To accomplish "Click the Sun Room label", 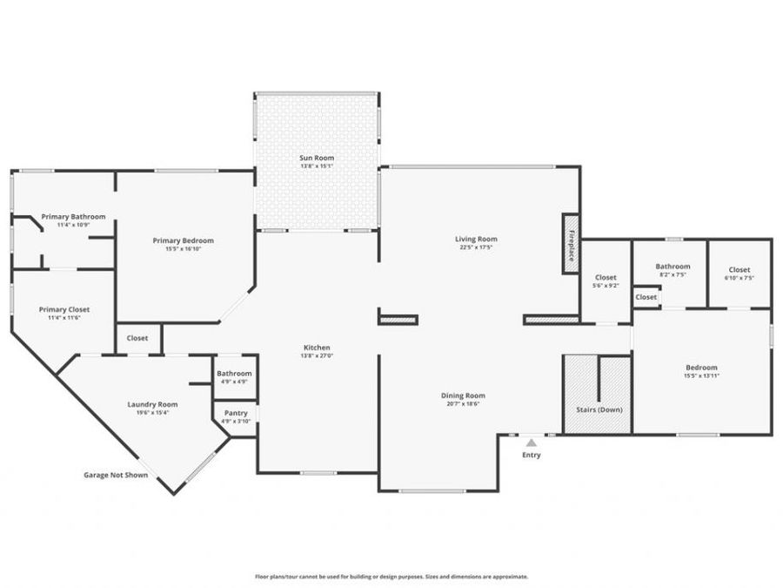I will click(317, 158).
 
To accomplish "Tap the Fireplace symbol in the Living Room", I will click(571, 244).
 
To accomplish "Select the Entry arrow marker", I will click(531, 443).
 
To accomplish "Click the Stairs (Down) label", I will click(599, 409).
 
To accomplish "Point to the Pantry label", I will click(236, 413).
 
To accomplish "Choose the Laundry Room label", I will click(152, 403).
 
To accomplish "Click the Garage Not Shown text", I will click(115, 475).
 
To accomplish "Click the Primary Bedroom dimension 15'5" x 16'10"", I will click(183, 249).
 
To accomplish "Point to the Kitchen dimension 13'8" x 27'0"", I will click(316, 355).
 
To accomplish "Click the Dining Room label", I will click(463, 395).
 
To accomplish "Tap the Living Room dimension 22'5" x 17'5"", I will click(476, 247).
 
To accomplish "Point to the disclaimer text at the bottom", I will click(391, 576).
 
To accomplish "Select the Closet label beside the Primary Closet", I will click(137, 338).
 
